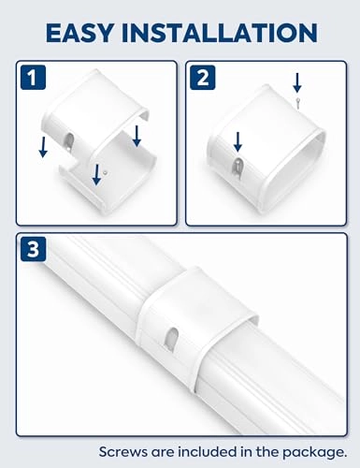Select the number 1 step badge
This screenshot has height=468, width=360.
click(x=34, y=78)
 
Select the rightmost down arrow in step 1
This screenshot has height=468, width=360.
click(x=137, y=136)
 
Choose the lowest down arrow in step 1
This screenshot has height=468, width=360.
click(x=96, y=172)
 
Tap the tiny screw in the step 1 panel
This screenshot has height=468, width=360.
click(x=105, y=172)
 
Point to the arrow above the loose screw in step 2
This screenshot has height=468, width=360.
click(x=296, y=81)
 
